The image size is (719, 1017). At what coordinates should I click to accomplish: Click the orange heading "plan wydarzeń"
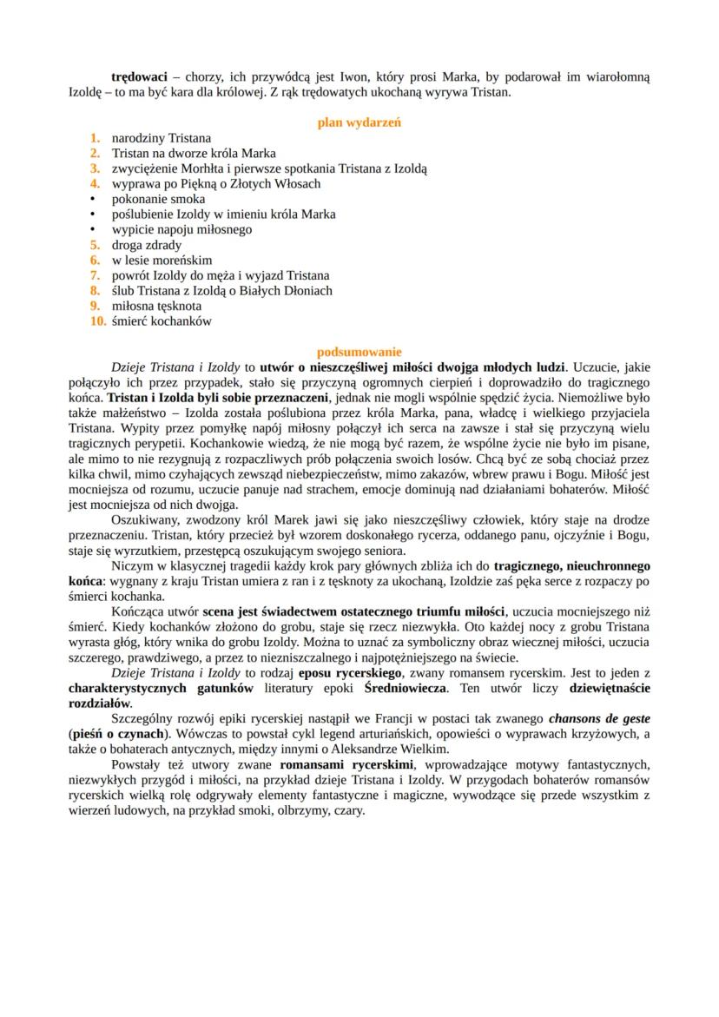(359, 122)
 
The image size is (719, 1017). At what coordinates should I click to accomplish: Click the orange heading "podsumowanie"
(359, 352)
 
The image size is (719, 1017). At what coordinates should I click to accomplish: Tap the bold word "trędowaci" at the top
(139, 76)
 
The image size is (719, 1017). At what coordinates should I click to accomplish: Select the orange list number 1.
(95, 138)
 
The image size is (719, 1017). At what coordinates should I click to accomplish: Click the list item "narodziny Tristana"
(162, 138)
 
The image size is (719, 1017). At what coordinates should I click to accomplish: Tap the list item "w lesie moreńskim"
(162, 260)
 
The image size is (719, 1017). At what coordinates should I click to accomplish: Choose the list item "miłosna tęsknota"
(156, 306)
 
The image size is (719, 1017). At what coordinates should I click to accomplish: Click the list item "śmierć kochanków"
(162, 320)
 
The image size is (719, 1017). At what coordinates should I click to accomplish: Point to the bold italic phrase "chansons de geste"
(599, 718)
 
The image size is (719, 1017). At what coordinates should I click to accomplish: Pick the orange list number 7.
(95, 275)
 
